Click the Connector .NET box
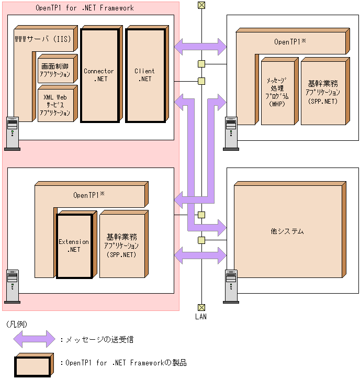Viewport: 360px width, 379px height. coord(99,75)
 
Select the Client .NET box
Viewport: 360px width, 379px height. coord(144,75)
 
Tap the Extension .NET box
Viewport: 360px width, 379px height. coord(74,246)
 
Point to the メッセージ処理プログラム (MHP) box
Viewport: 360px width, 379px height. coord(276,92)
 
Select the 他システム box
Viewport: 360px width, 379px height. coord(287,231)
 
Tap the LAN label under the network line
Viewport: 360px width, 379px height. coord(201,316)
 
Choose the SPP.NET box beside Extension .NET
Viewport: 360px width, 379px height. coord(121,244)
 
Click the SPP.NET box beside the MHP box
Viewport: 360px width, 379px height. coord(323,92)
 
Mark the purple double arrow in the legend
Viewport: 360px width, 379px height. coord(33,339)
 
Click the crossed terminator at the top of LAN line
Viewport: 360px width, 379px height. coord(201,5)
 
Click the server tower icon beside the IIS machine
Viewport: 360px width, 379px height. coord(12,133)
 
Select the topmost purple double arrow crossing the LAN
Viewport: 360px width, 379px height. coord(200,47)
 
